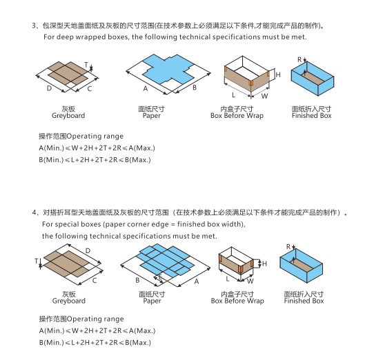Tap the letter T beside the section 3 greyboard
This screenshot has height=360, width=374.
(x=87, y=65)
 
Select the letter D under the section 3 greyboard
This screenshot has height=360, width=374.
(x=48, y=89)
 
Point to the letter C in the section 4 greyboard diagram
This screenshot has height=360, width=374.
(x=94, y=281)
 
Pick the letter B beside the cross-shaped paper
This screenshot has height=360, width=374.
(x=195, y=88)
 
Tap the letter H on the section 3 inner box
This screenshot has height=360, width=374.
(x=277, y=74)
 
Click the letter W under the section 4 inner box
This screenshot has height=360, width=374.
(x=250, y=281)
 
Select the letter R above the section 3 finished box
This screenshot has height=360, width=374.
(x=299, y=60)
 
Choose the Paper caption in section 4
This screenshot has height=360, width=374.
(x=152, y=301)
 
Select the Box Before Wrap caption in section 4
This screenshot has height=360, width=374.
(x=237, y=301)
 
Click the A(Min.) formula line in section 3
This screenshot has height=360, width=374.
(x=95, y=148)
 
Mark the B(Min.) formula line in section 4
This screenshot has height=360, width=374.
(x=95, y=343)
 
